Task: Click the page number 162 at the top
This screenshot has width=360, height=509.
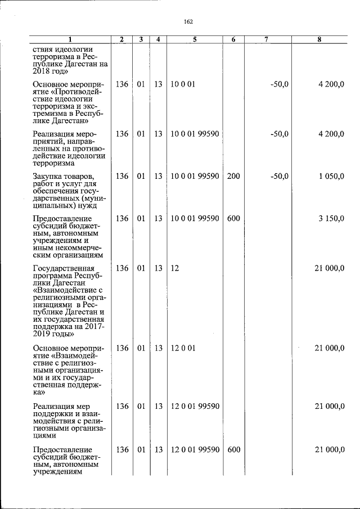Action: [x=188, y=21]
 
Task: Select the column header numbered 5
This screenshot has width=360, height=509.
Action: [x=194, y=39]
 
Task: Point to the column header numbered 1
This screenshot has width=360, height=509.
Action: [x=70, y=39]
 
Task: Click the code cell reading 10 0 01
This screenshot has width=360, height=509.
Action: [x=183, y=84]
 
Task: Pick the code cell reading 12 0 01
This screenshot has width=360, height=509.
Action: [x=183, y=348]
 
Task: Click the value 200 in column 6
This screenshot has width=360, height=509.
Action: [x=233, y=177]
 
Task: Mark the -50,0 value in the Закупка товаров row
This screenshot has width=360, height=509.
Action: [x=280, y=177]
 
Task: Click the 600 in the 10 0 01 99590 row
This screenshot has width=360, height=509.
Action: [x=233, y=218]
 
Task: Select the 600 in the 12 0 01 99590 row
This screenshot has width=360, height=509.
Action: [x=233, y=449]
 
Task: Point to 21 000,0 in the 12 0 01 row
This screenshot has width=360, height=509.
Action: [x=329, y=348]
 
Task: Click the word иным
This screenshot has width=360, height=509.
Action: [x=43, y=245]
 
